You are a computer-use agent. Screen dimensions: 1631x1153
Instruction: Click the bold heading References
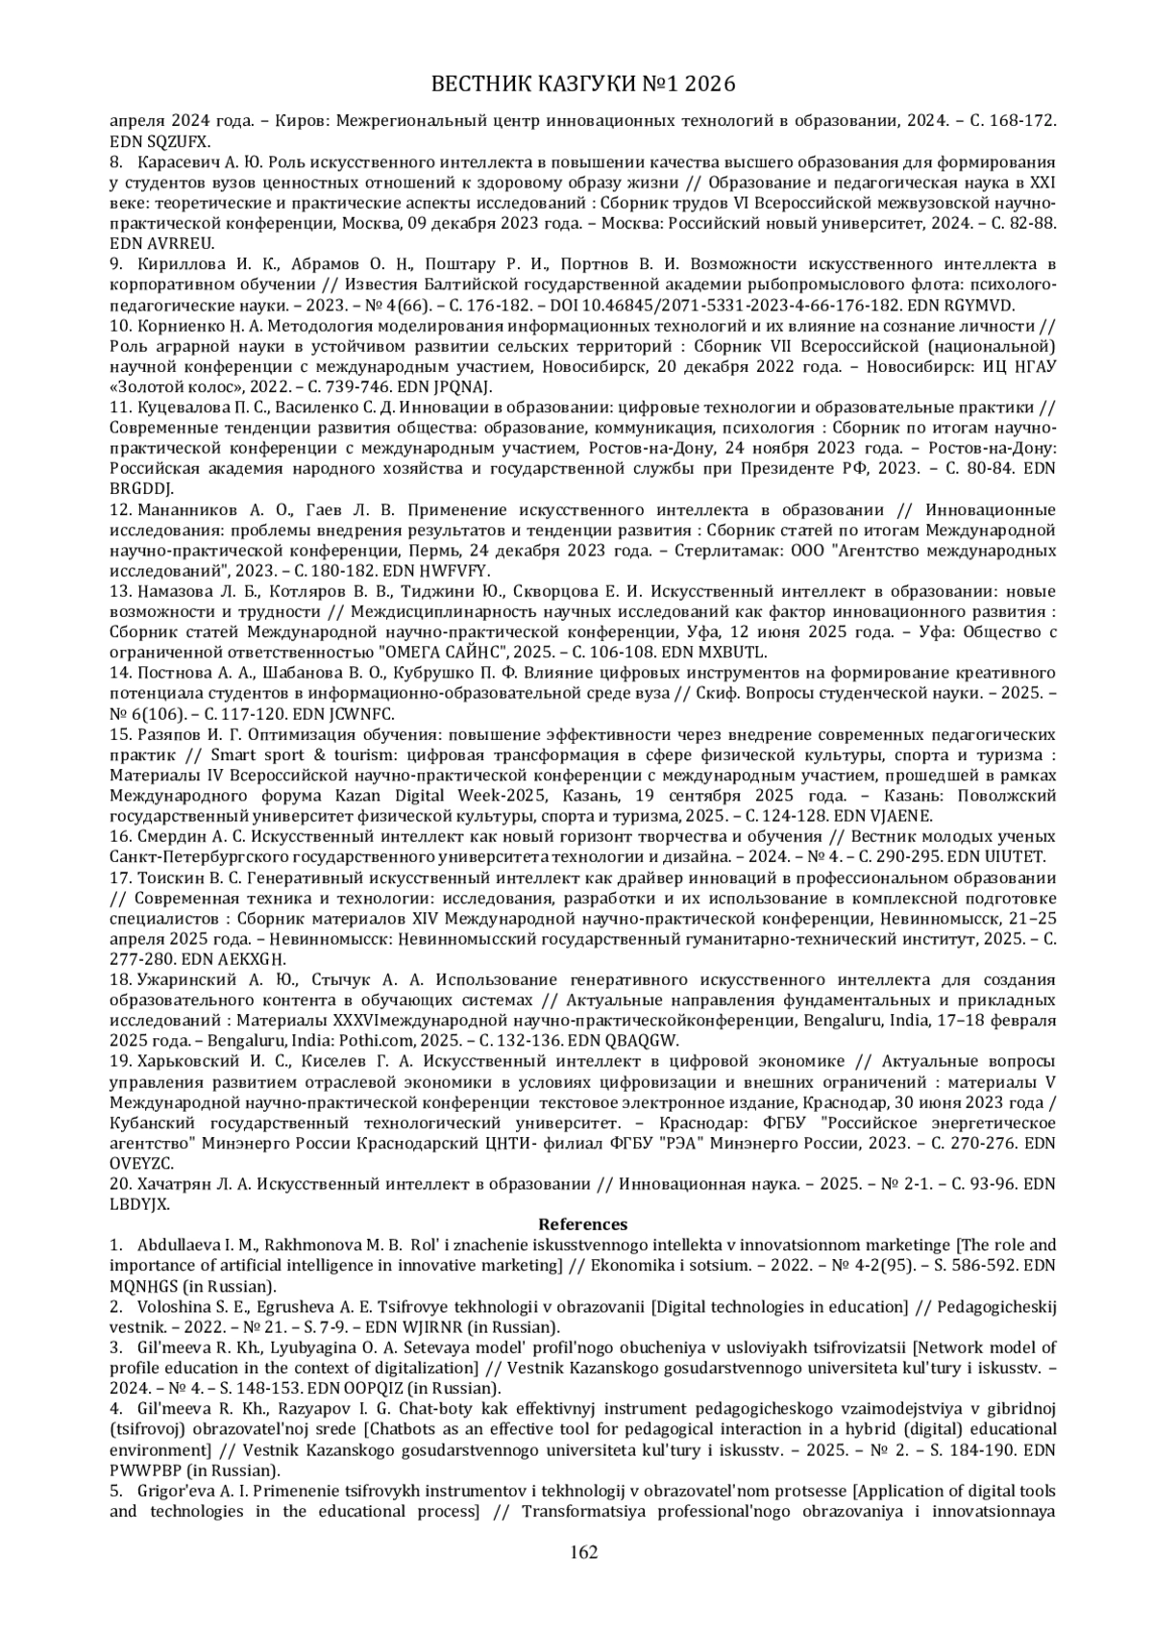click(x=582, y=1223)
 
